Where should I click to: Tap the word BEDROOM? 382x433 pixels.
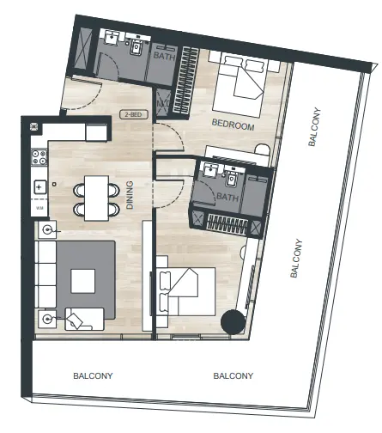point(234,126)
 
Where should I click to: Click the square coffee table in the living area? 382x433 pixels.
point(83,281)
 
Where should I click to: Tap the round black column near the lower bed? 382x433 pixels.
point(233,321)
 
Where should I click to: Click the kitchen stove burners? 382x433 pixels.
point(39,158)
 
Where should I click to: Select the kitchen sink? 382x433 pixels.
point(39,186)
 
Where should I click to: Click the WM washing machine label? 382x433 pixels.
point(39,208)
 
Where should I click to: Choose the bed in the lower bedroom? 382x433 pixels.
point(187,292)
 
